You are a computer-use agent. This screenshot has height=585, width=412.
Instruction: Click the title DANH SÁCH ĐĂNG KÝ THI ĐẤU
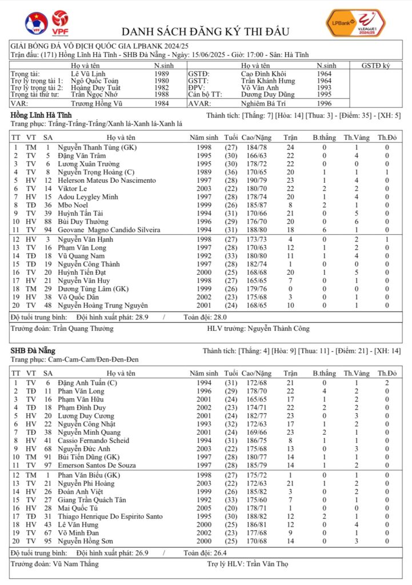tap(206, 31)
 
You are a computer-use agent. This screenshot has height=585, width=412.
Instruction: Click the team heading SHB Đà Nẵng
tap(33, 350)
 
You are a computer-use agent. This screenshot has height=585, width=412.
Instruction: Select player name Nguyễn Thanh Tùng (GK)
tap(92, 147)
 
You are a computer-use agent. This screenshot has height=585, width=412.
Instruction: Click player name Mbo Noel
tap(71, 205)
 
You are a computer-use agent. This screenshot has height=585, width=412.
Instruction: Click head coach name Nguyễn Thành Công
tap(278, 328)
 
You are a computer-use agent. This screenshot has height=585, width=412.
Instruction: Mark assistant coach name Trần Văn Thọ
tap(266, 564)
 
